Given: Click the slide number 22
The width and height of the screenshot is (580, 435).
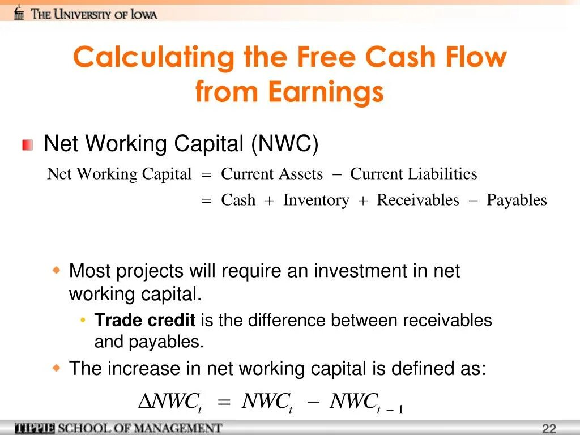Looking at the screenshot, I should [x=549, y=429].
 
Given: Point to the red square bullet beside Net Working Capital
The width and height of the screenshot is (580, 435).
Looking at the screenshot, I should [x=28, y=145].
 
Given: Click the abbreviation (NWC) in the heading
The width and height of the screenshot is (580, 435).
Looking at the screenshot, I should [x=285, y=144].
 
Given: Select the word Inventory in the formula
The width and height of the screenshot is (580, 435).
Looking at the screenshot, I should [x=316, y=200].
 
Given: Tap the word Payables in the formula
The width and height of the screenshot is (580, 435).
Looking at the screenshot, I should [x=517, y=200].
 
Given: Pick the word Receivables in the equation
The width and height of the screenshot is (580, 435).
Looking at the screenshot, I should [x=418, y=200].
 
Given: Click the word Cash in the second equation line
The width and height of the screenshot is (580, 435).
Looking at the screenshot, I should [x=238, y=200].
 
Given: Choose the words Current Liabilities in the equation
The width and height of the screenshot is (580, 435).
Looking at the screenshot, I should [x=413, y=174].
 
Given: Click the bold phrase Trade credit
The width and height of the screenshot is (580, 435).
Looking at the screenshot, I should [x=144, y=321].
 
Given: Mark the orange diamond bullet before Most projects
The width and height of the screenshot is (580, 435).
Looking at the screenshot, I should [x=56, y=271].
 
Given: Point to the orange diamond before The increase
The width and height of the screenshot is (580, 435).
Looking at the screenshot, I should [x=56, y=368].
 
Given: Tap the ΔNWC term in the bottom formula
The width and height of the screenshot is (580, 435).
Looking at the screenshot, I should [x=170, y=402].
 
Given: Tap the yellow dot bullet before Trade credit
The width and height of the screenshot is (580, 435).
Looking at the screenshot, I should [x=83, y=321].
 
